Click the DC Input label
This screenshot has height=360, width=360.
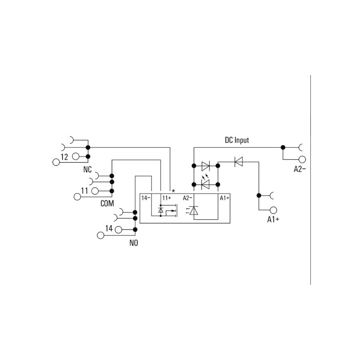[237, 140]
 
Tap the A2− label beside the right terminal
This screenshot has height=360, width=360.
[300, 169]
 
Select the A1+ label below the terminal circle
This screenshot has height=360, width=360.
[273, 220]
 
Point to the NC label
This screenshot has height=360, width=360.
[88, 170]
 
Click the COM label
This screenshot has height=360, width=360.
[107, 204]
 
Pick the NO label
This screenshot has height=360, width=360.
[134, 243]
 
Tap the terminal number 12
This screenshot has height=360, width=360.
[64, 157]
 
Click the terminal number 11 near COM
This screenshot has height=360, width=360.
[84, 191]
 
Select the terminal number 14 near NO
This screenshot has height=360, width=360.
[109, 228]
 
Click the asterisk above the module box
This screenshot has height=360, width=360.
[173, 191]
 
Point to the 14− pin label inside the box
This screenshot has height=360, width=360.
[146, 198]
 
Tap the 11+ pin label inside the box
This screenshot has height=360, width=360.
[167, 198]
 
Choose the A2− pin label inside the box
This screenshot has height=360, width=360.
[187, 198]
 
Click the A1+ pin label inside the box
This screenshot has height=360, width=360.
[224, 198]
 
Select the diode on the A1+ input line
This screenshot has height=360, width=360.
[238, 162]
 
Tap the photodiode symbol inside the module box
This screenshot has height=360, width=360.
[192, 210]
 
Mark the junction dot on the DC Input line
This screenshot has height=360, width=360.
[283, 147]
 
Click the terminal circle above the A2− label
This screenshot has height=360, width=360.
[302, 159]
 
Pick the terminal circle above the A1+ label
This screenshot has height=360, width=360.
[273, 210]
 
